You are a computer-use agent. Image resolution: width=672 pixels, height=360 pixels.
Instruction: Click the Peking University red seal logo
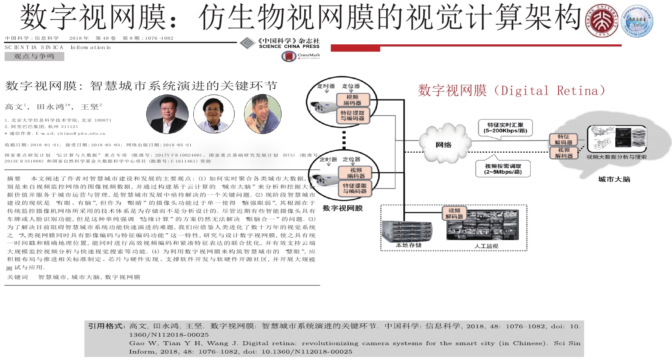pos(602,21)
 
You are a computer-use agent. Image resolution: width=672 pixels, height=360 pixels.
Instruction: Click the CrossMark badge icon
pos(289,56)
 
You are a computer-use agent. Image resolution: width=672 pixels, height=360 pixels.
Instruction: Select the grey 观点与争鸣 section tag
pos(34,56)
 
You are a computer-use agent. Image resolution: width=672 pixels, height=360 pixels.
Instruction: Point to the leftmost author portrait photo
pos(167,114)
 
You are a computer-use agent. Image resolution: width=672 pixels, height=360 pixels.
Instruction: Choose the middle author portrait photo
pos(214,114)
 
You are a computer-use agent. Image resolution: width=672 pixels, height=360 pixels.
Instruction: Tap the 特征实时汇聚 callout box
pos(505,128)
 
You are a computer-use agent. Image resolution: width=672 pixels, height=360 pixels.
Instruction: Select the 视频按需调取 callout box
pos(503,169)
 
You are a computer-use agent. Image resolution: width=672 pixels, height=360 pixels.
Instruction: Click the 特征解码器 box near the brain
pos(563,139)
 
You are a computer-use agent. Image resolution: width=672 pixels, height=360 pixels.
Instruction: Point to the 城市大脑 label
pos(614,179)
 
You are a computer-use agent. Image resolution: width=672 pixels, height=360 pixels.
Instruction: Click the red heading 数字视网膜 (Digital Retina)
pos(511,90)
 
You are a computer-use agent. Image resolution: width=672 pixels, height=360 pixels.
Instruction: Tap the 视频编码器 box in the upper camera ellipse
pos(352,100)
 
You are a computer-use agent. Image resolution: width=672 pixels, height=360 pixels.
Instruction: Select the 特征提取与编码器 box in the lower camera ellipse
pos(355,189)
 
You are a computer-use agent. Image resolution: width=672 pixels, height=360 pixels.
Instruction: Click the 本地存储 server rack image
pos(408,231)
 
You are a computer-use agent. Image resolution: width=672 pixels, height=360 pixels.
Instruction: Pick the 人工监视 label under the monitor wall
pos(486,246)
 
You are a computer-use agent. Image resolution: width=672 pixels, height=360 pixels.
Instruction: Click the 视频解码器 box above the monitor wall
pos(454,214)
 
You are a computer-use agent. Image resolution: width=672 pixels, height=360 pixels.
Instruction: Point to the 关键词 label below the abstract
pos(17,277)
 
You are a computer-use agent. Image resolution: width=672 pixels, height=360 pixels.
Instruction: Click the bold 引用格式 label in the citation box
pos(107,326)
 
